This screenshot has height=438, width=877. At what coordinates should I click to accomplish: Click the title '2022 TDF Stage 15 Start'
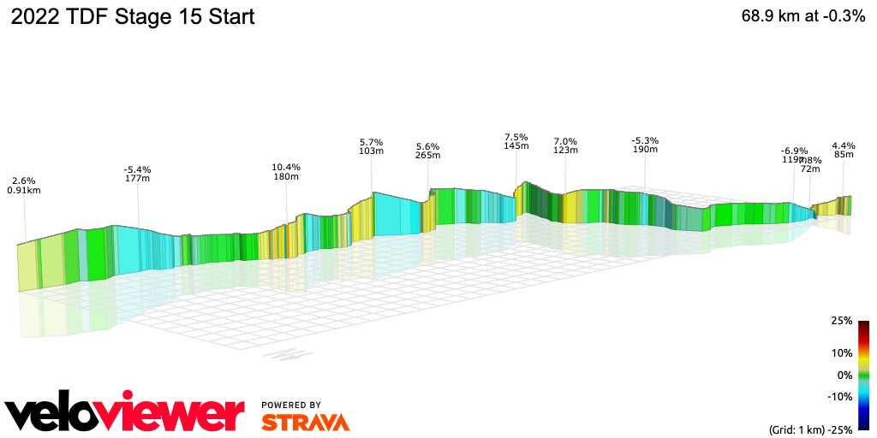(x=132, y=17)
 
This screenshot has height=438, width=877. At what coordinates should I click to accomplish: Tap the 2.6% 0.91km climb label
(x=24, y=186)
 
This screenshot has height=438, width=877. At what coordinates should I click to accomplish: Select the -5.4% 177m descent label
(x=138, y=174)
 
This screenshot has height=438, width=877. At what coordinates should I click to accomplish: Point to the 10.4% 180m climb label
(x=286, y=172)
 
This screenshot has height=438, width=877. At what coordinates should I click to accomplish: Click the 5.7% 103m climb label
(x=371, y=146)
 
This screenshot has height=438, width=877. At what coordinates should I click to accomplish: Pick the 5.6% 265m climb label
(x=427, y=151)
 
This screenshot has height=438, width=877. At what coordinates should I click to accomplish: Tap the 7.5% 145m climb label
(x=516, y=141)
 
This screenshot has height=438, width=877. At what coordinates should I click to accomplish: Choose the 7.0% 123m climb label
(x=565, y=145)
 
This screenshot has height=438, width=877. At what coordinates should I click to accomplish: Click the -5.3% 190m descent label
(x=645, y=145)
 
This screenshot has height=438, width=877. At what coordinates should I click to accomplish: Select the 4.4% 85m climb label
(x=844, y=150)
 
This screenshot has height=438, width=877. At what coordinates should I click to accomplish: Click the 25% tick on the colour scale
(x=842, y=321)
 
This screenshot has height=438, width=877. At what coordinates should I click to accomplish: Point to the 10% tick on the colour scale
(x=842, y=352)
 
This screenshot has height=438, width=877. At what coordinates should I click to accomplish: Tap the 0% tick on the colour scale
(x=844, y=375)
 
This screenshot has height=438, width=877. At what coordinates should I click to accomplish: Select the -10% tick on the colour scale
(x=839, y=396)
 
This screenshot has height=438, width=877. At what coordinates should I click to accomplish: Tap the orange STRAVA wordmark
(x=305, y=423)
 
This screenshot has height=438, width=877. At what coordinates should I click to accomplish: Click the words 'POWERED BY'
(x=291, y=405)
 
